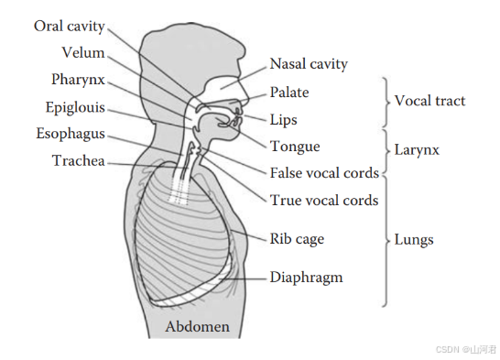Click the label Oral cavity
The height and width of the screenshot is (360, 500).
(70, 27)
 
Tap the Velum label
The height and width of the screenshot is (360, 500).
(83, 52)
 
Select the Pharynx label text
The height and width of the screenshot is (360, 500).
(78, 80)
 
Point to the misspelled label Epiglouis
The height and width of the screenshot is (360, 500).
(75, 107)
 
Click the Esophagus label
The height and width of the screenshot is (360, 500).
(71, 134)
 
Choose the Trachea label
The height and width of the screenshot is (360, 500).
(79, 160)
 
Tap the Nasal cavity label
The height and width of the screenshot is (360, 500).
(309, 64)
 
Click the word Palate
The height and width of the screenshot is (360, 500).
(289, 93)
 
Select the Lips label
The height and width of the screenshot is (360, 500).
(284, 120)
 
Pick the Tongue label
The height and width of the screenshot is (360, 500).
(295, 147)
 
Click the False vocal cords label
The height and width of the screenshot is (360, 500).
(324, 173)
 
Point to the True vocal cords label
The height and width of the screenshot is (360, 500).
(324, 201)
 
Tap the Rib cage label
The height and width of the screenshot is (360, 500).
(297, 239)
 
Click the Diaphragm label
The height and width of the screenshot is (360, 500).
(306, 278)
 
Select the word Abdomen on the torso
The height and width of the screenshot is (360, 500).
(198, 326)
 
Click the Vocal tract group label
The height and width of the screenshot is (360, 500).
(429, 101)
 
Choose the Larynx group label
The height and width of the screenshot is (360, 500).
(417, 150)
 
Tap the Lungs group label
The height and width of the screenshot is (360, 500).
(414, 240)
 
